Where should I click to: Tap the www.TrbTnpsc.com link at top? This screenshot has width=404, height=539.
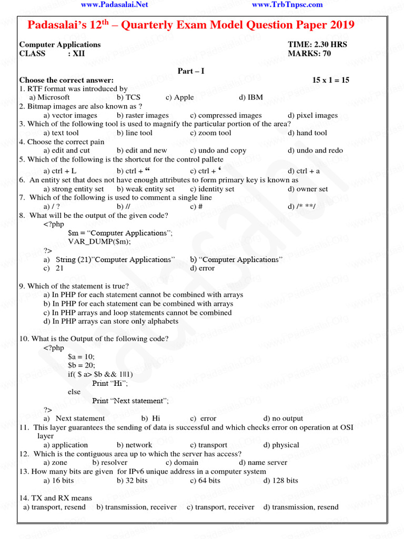click(x=287, y=5)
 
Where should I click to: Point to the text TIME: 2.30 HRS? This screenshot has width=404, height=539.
click(x=317, y=45)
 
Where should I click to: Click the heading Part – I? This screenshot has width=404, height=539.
click(x=191, y=71)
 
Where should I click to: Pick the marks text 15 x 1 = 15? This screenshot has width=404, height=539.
click(x=330, y=80)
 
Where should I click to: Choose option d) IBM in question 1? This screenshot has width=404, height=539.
click(x=250, y=97)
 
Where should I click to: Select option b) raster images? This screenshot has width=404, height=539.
click(x=143, y=115)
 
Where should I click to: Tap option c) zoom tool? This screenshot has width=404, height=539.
click(x=210, y=133)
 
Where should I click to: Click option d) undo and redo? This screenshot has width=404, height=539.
click(x=315, y=151)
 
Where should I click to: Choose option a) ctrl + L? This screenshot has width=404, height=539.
click(x=60, y=171)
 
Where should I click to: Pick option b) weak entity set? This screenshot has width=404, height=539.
click(x=145, y=189)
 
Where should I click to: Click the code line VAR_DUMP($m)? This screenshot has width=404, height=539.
click(x=99, y=242)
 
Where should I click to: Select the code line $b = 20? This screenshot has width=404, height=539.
click(x=82, y=365)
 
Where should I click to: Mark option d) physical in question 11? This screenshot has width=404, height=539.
click(x=281, y=445)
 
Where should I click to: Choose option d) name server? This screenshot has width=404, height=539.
click(x=263, y=463)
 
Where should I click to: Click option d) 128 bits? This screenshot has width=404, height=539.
click(x=280, y=481)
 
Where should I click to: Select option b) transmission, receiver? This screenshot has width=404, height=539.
click(x=136, y=507)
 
